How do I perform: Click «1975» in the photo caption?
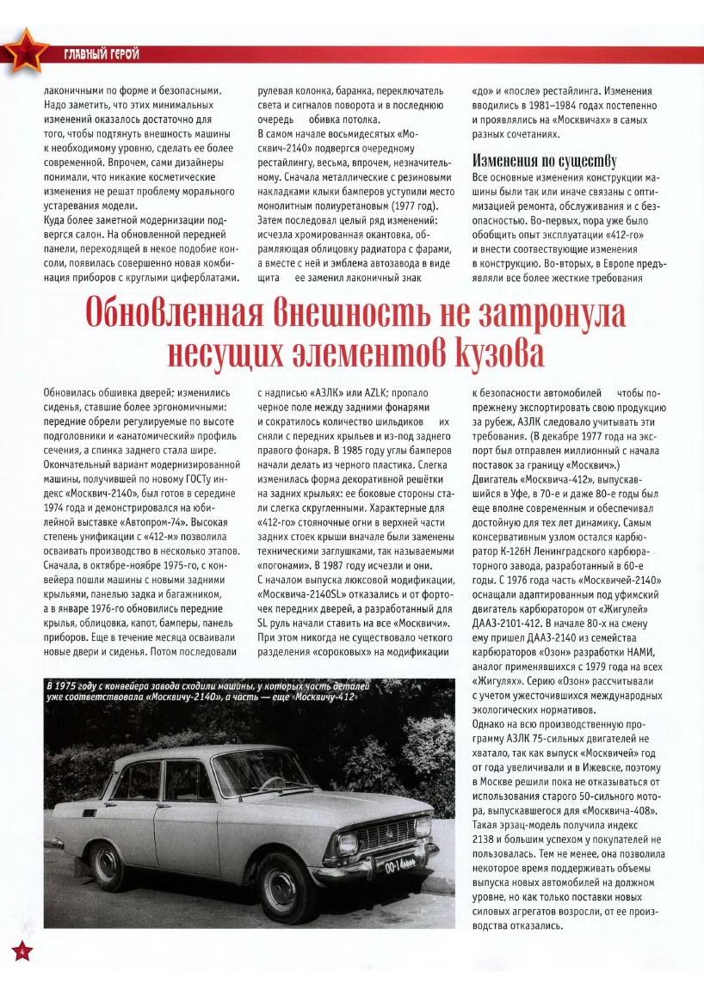click(x=71, y=685)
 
